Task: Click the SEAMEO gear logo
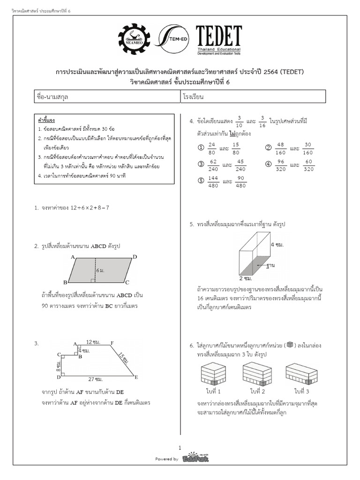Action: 135,40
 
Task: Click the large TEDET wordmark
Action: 218,36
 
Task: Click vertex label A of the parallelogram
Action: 73,257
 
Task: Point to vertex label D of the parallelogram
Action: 135,257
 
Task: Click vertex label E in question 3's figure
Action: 136,377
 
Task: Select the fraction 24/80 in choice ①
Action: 212,148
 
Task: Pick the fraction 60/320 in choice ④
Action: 308,165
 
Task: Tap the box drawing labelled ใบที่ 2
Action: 257,374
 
